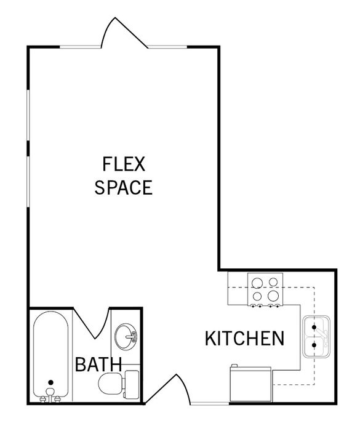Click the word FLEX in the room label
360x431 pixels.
(124, 164)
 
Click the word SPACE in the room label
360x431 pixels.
(124, 187)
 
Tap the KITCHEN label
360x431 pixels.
(244, 339)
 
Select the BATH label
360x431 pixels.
(98, 365)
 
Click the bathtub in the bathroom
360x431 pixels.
(50, 355)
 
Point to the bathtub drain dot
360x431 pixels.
(50, 382)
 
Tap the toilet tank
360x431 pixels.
(132, 384)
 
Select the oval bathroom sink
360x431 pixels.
(126, 337)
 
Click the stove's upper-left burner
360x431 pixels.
(258, 283)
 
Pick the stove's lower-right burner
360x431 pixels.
(273, 296)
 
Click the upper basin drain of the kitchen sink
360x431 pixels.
(314, 327)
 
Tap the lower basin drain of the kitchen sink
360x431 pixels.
(314, 344)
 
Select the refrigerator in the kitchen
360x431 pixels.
(250, 384)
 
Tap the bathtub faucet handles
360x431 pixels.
(50, 398)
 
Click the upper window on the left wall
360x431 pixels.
(28, 115)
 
